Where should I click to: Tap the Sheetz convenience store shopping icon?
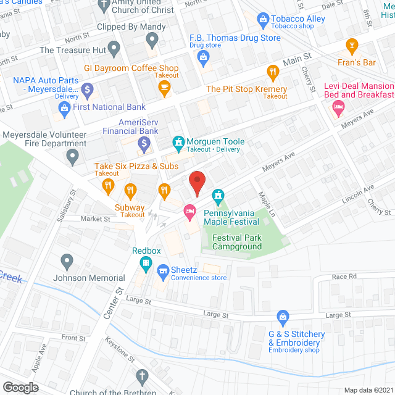164,270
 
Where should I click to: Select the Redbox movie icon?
145,265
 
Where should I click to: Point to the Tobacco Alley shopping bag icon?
264,20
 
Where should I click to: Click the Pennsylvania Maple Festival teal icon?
217,197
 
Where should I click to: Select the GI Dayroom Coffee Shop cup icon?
164,89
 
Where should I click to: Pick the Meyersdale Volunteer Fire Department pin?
73,159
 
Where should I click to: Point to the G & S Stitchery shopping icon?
283,318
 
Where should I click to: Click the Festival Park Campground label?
237,242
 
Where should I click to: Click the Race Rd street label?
344,276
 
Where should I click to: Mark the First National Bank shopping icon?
64,108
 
